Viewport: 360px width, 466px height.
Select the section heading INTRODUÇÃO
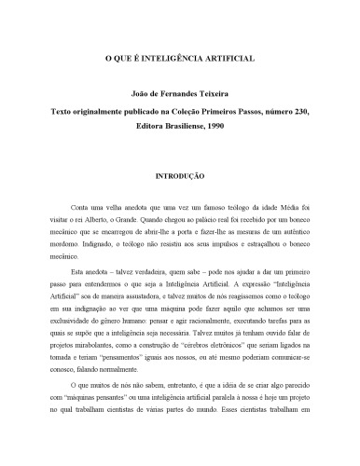click(179, 174)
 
